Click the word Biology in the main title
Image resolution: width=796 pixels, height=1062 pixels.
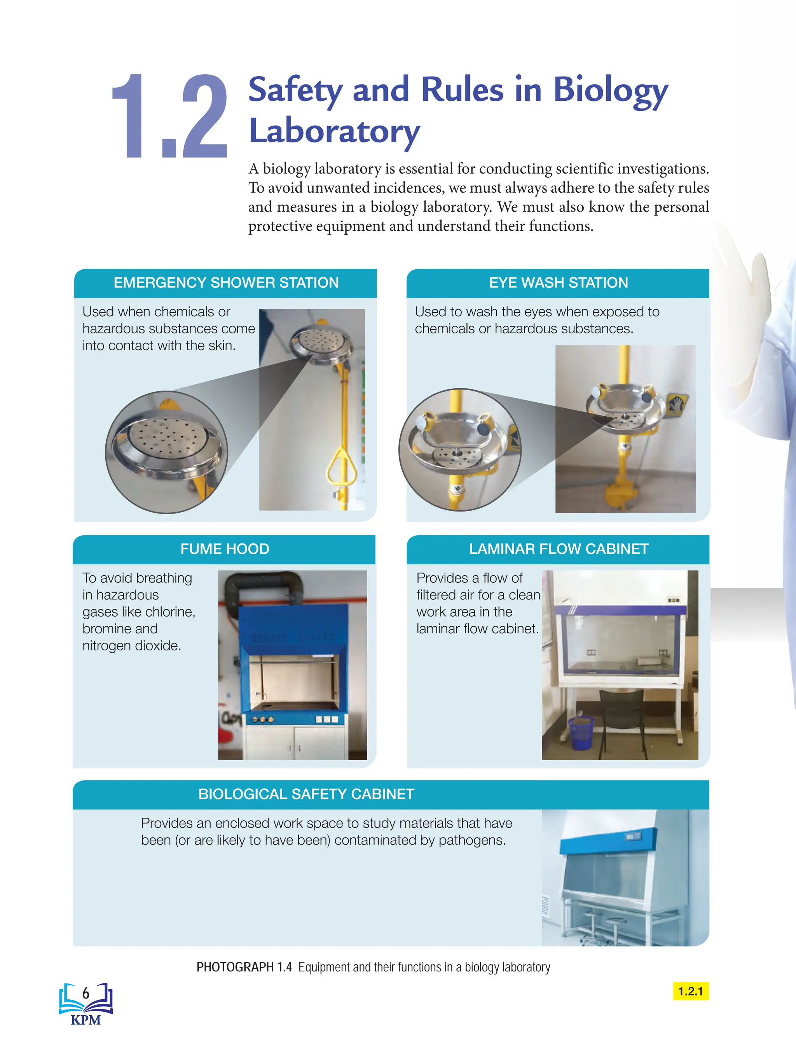(610, 91)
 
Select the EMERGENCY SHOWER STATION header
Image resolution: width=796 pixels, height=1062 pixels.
(226, 282)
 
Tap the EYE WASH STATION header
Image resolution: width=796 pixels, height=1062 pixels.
(559, 282)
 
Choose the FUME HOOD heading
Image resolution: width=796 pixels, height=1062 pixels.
(225, 549)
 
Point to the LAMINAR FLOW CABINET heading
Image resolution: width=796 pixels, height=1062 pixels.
(559, 549)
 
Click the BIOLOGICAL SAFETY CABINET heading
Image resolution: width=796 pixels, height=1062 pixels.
(306, 794)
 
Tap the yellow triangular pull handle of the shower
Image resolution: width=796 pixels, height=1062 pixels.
(342, 467)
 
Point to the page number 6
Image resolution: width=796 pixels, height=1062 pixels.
(86, 993)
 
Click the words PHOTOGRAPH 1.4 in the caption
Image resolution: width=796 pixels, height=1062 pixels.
(244, 967)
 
